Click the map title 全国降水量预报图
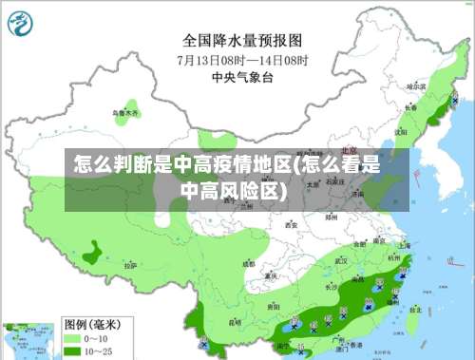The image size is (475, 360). pyautogui.click(x=241, y=41)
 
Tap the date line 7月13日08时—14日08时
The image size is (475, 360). pyautogui.click(x=241, y=59)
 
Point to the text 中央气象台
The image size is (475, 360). pyautogui.click(x=241, y=76)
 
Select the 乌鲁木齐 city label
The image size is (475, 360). pyautogui.click(x=125, y=113)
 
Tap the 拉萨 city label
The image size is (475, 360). pyautogui.click(x=130, y=266)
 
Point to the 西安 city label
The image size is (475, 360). pyautogui.click(x=292, y=226)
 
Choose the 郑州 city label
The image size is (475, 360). pyautogui.click(x=331, y=217)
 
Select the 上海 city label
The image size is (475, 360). pyautogui.click(x=405, y=245)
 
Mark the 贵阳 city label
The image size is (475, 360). pyautogui.click(x=274, y=307)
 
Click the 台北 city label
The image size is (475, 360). pyautogui.click(x=414, y=309)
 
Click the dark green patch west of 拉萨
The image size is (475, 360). pyautogui.click(x=92, y=253)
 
